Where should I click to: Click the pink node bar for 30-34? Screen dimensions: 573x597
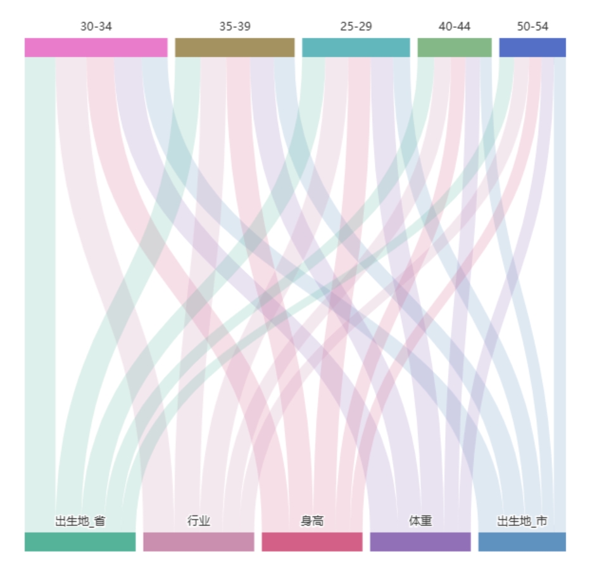click(x=96, y=48)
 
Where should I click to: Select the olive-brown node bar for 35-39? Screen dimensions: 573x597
click(x=234, y=48)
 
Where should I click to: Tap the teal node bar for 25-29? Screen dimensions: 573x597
click(x=355, y=48)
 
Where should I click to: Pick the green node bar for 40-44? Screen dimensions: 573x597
click(x=454, y=48)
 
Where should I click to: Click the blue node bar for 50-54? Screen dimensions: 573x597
click(x=532, y=48)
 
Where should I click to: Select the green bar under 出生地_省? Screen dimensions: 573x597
click(x=80, y=541)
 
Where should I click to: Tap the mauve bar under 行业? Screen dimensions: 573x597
click(x=198, y=541)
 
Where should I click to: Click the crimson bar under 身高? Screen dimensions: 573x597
click(x=311, y=541)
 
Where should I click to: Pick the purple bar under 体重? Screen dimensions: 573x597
click(x=420, y=541)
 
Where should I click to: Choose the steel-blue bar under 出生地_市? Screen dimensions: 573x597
click(x=522, y=541)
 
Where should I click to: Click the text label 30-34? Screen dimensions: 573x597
click(x=96, y=27)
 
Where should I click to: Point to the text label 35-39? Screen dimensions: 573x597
click(x=234, y=27)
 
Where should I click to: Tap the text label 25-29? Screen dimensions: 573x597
click(x=356, y=27)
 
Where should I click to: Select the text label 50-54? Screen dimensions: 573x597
click(x=532, y=27)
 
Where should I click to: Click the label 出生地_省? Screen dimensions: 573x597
click(x=80, y=522)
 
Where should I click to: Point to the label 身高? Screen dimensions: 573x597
click(x=311, y=522)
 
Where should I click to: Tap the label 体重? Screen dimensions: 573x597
click(x=420, y=522)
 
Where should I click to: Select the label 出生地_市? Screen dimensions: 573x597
click(x=522, y=522)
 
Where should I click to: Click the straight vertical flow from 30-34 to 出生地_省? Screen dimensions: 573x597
click(x=39, y=285)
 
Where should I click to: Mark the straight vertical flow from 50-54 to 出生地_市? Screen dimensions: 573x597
click(x=560, y=285)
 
